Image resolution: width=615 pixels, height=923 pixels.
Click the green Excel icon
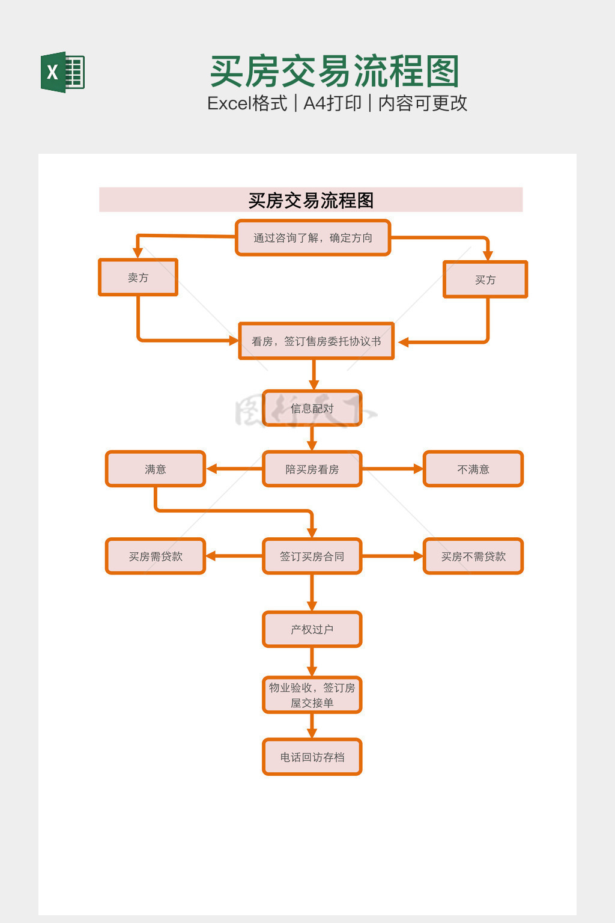point(62,72)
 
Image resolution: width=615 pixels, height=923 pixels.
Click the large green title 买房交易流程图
point(335,72)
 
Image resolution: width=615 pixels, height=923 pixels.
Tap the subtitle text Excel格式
point(247,103)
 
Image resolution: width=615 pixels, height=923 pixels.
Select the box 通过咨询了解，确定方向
point(313,238)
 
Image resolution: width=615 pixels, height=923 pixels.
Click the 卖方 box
point(138,278)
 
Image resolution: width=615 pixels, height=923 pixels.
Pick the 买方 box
point(485,279)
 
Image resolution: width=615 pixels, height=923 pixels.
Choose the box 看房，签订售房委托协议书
point(316,341)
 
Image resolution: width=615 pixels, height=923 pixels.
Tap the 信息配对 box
point(312,409)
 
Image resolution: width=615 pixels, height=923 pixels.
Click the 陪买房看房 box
point(312,469)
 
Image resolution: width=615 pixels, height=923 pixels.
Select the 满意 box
point(156,469)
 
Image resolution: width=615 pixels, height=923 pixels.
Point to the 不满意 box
point(473,469)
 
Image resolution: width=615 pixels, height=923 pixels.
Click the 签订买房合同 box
point(312,556)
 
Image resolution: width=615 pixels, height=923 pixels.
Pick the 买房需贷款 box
point(156,556)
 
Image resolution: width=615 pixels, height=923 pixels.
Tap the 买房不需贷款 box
point(473,556)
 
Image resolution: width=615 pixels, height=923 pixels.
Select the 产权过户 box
point(312,629)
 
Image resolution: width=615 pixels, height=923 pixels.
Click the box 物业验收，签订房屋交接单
point(312,695)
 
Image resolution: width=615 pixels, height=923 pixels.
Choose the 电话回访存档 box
point(312,757)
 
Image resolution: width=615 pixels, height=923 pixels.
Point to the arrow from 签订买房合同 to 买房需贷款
point(234,556)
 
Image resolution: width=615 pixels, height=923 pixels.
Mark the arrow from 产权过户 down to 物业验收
point(312,662)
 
